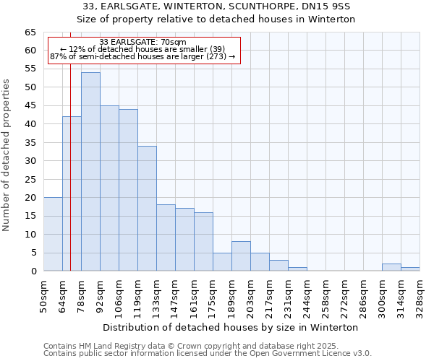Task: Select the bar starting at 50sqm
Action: point(53,235)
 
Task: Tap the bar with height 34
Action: point(147,209)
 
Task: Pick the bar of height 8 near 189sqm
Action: point(241,256)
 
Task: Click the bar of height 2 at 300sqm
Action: point(391,267)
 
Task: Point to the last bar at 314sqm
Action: point(410,269)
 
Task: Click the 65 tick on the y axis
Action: point(30,32)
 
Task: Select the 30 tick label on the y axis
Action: point(30,161)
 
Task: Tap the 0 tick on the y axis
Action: point(33,271)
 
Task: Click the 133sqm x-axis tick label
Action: point(157,295)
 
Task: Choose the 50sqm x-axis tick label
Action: point(44,295)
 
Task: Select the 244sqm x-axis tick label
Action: point(307,295)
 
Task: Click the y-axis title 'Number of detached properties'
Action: point(7,155)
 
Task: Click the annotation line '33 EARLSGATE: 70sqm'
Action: point(142,42)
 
